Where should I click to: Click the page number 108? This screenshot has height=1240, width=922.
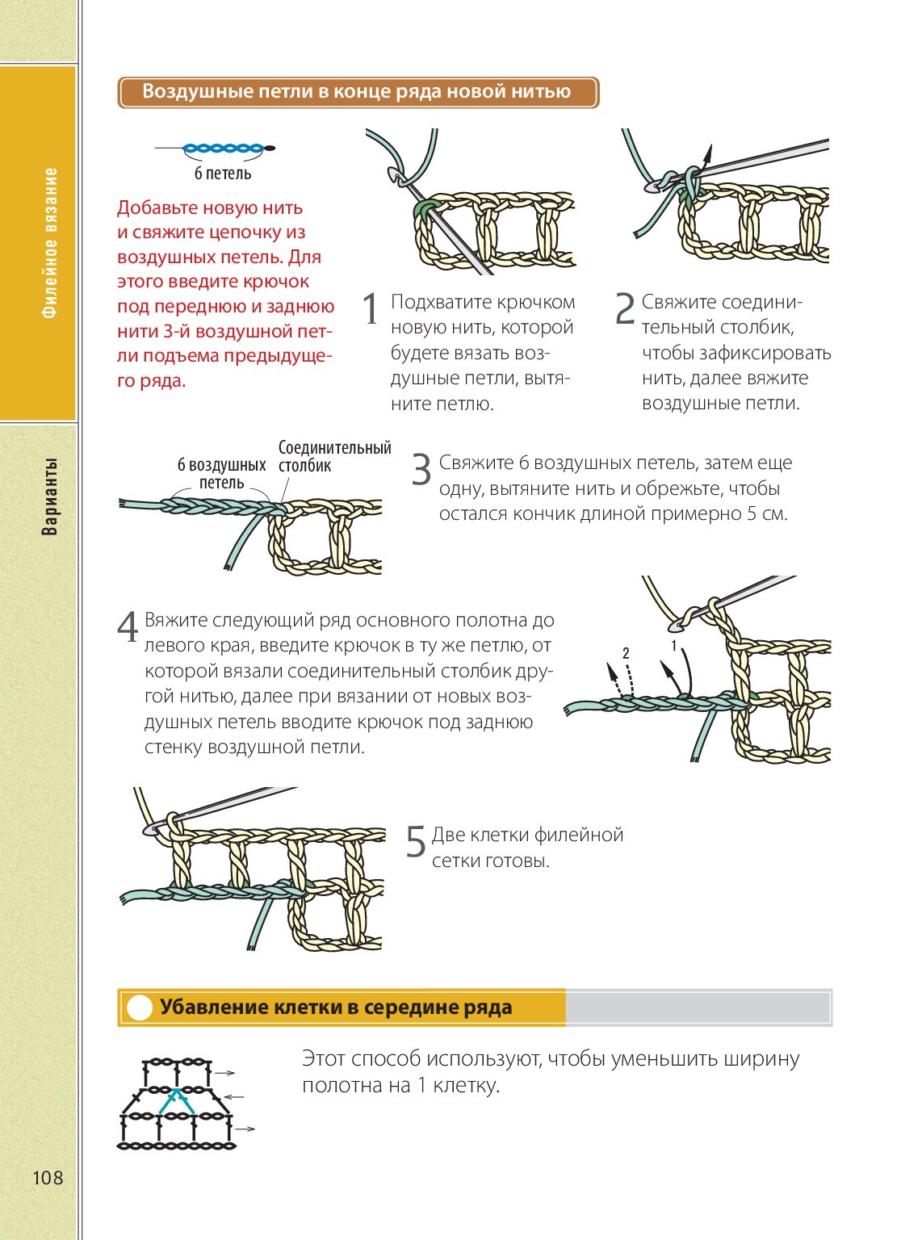[x=48, y=1178]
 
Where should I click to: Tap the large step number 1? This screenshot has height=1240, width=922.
[x=371, y=310]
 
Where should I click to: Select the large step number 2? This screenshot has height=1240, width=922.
[x=625, y=310]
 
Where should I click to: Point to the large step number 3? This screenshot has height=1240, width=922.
[x=421, y=470]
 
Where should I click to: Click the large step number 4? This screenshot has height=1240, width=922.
[x=128, y=627]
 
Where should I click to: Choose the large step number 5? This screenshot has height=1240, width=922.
[x=415, y=842]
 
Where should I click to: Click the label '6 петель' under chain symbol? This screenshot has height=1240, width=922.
[x=223, y=174]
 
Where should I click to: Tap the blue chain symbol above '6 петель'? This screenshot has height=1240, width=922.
[x=223, y=149]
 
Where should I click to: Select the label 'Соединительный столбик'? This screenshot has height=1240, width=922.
[x=334, y=457]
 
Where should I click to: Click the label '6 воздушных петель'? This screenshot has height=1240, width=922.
[x=221, y=474]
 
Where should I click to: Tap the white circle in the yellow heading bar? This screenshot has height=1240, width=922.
[x=140, y=1008]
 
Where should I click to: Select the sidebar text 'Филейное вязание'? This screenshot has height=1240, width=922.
[x=50, y=243]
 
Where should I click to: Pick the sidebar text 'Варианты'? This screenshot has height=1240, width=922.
[x=50, y=497]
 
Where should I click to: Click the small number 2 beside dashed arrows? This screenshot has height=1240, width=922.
[x=626, y=651]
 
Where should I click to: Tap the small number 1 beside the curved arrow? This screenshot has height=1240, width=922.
[x=674, y=646]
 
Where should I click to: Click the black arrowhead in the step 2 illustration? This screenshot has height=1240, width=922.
[x=707, y=153]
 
